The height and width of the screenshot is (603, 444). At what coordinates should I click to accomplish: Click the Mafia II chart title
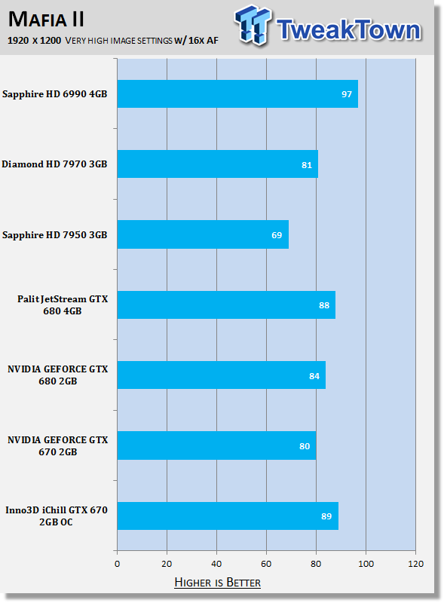tap(46, 20)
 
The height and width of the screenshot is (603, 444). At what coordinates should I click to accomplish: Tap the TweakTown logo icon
tap(253, 25)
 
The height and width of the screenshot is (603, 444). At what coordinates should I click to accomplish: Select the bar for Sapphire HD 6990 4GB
tap(237, 93)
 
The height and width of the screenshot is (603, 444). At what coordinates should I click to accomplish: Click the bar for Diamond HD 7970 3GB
tap(217, 164)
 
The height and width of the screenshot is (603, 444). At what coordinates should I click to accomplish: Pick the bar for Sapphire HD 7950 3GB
tap(203, 234)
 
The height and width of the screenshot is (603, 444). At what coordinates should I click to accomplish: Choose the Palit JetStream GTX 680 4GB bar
tap(226, 305)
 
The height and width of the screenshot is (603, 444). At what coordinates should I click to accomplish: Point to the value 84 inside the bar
tap(314, 375)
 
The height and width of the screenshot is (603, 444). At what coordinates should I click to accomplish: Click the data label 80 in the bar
tap(305, 446)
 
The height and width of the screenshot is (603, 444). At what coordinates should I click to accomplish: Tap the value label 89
tap(326, 516)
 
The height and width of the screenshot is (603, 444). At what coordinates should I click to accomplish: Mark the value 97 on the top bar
tap(347, 94)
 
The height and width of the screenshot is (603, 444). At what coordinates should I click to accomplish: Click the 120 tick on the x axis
tap(415, 564)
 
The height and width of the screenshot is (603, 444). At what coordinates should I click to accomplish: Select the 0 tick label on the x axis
tap(118, 564)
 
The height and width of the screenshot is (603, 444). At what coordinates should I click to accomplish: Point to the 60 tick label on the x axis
tap(266, 564)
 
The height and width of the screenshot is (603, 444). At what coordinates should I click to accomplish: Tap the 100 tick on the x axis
tap(366, 564)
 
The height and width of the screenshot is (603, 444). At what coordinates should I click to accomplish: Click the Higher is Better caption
tap(217, 582)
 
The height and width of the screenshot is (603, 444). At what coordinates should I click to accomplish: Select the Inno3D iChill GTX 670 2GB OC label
tap(57, 516)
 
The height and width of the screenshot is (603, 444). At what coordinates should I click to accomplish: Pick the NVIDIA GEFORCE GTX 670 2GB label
tap(58, 445)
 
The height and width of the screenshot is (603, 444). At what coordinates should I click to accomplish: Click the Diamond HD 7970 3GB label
tap(54, 164)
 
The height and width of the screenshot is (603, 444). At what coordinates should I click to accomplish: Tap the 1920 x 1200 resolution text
tap(34, 41)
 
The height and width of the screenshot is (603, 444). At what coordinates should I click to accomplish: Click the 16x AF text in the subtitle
tap(203, 41)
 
